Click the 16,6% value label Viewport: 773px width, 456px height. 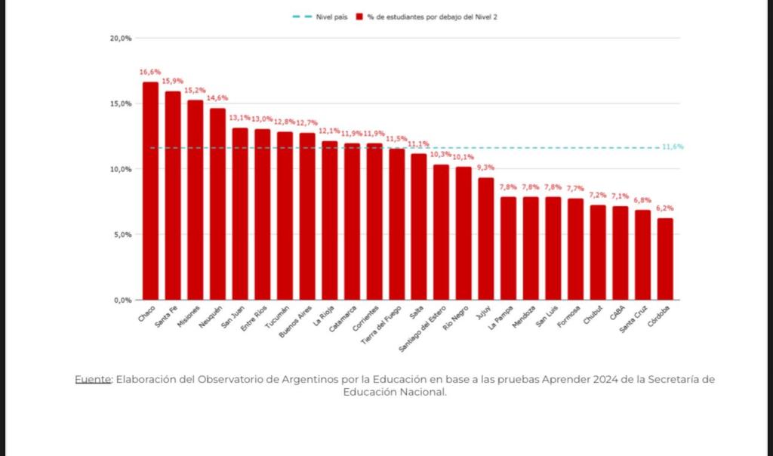150,72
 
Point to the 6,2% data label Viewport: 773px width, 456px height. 665,208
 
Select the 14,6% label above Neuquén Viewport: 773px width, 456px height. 217,98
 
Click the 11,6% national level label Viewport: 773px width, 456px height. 672,147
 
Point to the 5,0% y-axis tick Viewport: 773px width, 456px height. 122,235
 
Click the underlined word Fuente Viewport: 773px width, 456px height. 92,379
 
